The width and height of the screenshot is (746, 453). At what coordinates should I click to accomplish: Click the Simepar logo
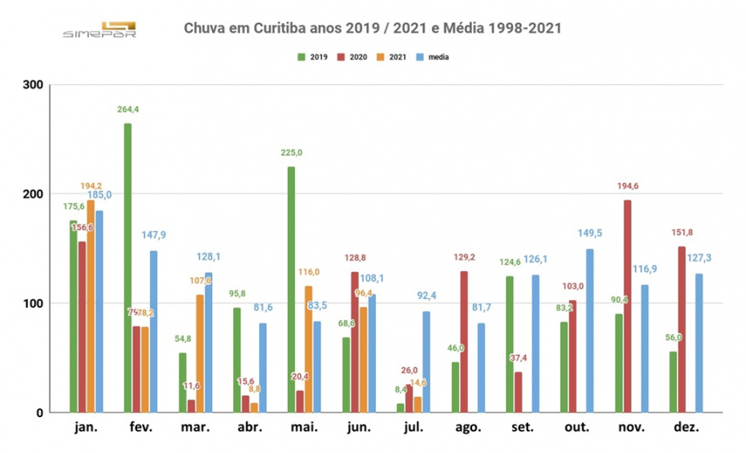tap(100, 29)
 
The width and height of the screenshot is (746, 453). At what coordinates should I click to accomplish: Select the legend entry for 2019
tap(314, 57)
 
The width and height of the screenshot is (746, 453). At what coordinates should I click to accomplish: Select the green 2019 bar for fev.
tap(128, 269)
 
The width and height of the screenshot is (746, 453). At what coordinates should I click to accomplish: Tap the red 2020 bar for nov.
tap(627, 306)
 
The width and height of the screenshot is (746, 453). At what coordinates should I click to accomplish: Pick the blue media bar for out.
tap(589, 331)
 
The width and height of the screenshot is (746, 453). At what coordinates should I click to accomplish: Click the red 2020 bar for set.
tap(518, 392)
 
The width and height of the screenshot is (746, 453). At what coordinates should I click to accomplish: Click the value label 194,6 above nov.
tap(627, 186)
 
